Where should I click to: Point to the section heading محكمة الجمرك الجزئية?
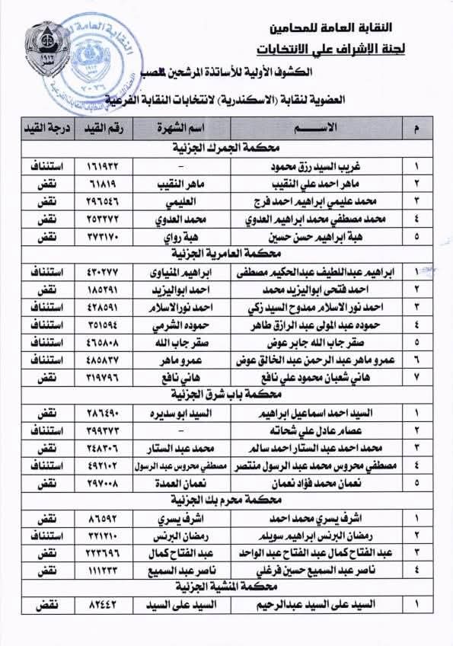coord(230,146)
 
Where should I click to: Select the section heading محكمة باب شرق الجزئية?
coord(230,395)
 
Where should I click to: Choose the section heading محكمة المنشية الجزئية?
coord(230,587)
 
